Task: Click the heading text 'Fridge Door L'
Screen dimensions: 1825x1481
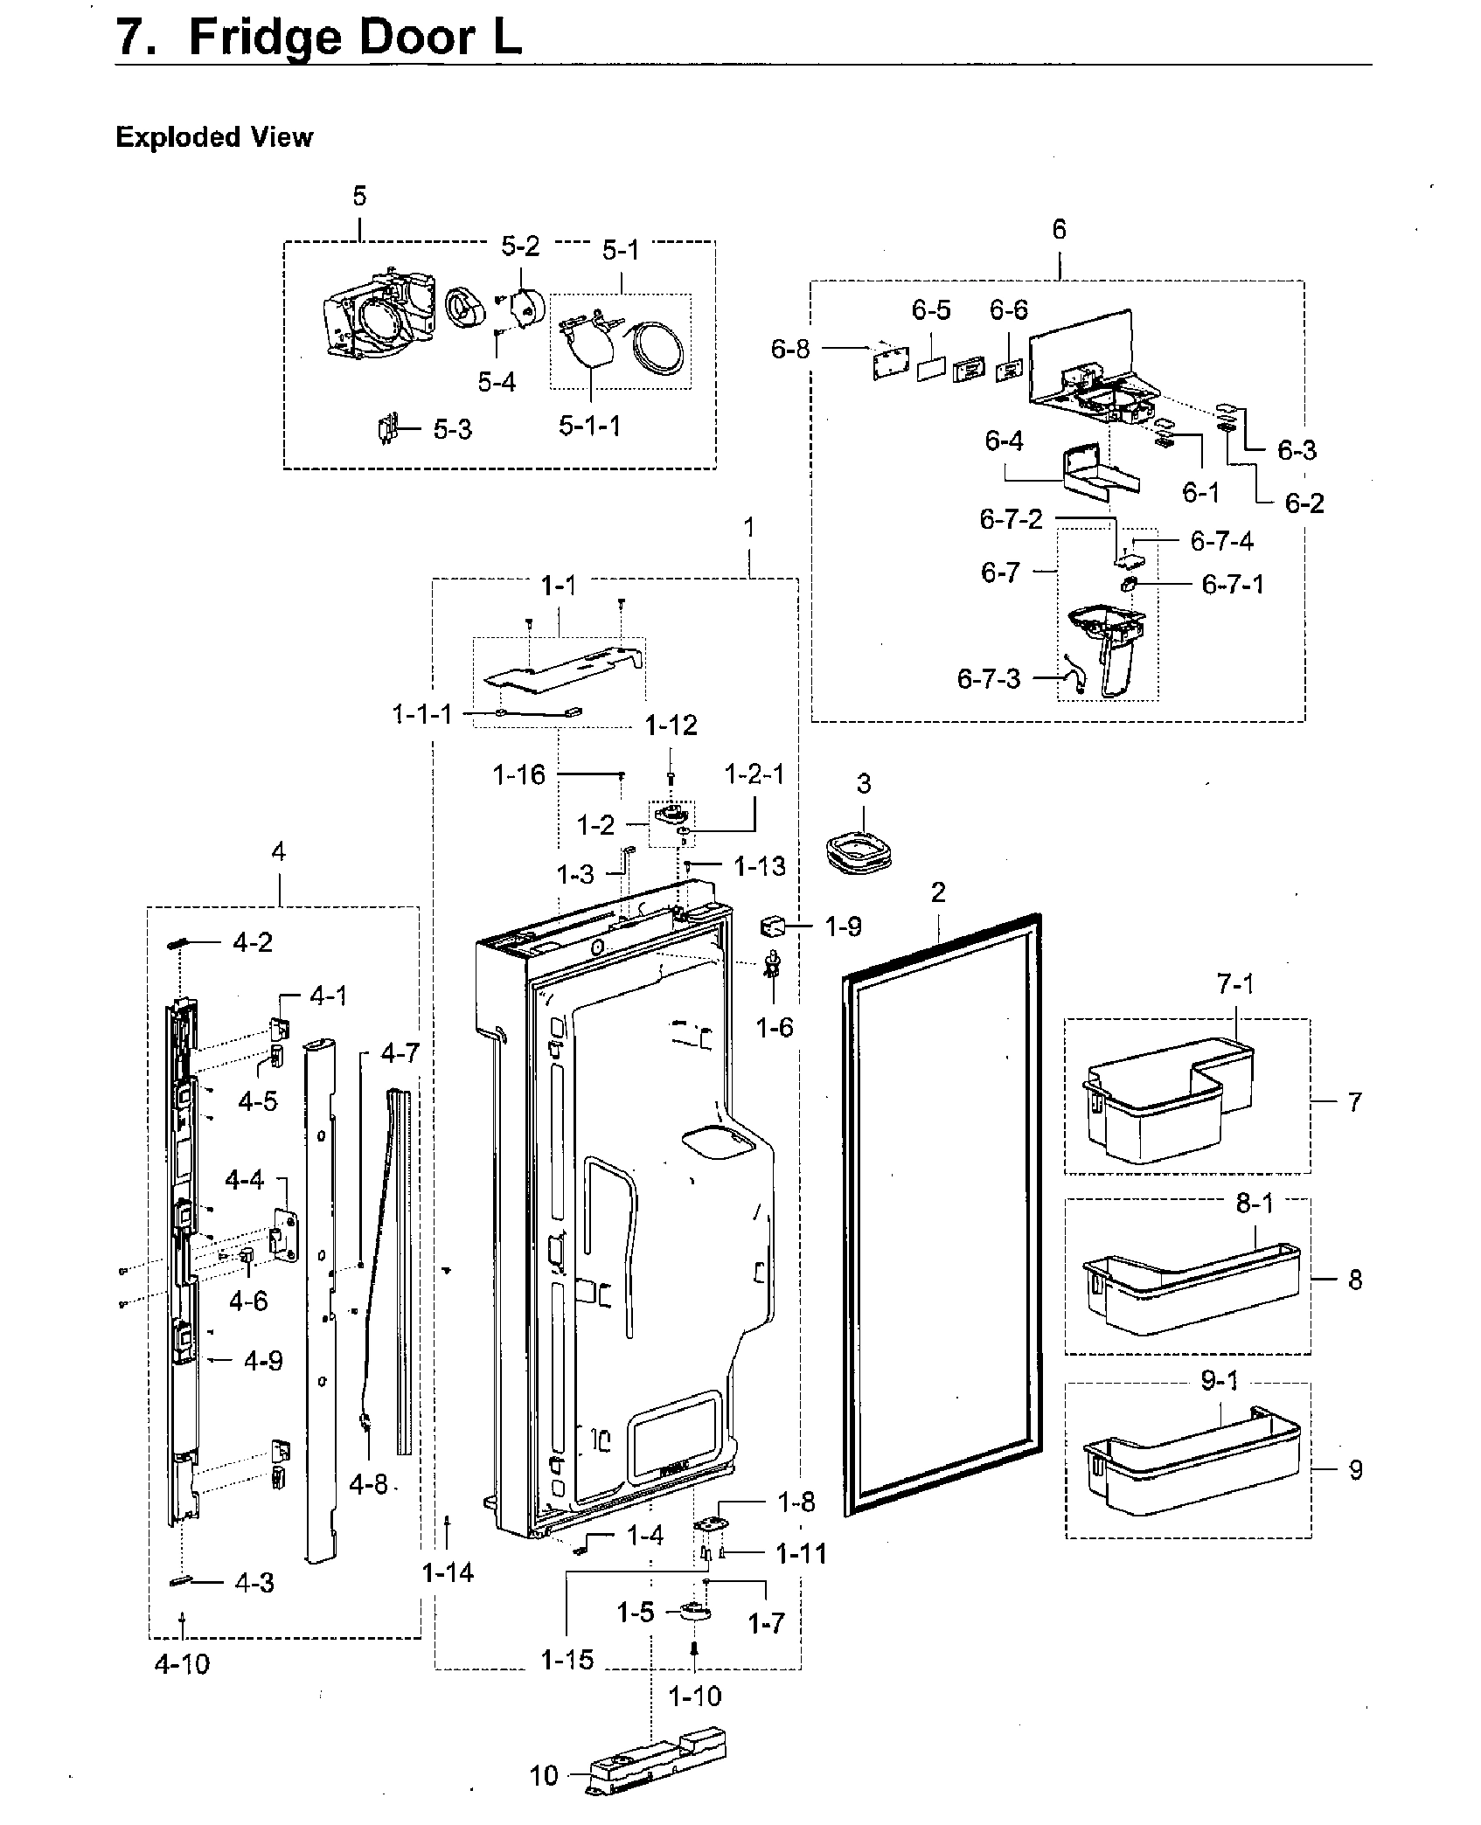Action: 354,38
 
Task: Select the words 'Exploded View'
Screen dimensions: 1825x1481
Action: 213,137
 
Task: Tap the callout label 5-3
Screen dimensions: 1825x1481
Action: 452,429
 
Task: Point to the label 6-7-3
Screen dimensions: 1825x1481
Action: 988,678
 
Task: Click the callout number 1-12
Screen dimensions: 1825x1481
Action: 671,725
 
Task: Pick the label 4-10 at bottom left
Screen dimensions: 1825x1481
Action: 182,1663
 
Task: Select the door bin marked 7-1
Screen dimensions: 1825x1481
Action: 1158,1101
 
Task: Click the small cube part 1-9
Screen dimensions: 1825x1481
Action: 773,926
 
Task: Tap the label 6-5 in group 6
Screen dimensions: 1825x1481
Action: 930,310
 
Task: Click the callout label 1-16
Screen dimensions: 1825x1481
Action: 518,774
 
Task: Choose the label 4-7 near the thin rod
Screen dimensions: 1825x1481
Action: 400,1053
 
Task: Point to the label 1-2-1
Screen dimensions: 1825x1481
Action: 754,774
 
